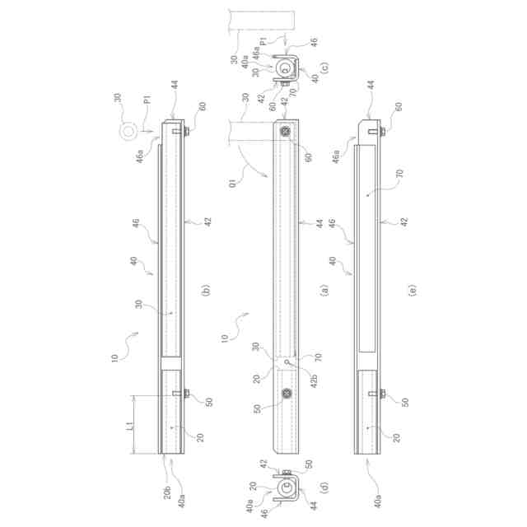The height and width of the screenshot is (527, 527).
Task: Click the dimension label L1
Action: point(132,427)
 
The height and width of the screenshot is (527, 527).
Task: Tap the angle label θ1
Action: point(232,183)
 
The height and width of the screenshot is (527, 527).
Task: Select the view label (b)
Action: point(206,290)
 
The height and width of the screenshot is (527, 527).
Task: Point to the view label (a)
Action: point(324,290)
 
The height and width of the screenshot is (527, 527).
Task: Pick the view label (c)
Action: point(324,68)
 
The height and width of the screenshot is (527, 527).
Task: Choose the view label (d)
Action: point(324,487)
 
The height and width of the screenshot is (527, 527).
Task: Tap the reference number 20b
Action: point(168,492)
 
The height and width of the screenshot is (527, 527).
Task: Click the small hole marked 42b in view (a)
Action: point(287,361)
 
